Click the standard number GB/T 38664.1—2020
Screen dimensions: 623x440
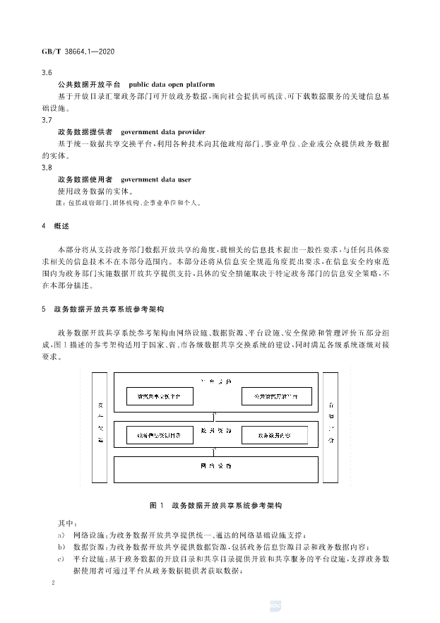click(80, 52)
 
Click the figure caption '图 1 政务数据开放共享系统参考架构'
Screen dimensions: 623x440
click(216, 506)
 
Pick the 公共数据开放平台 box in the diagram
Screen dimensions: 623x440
click(274, 396)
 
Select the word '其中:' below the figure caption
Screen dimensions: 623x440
click(64, 524)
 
